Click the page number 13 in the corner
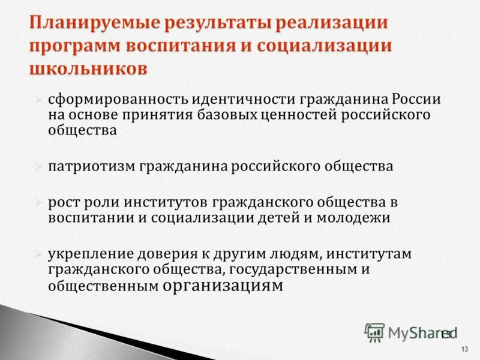point(464,350)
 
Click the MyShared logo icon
point(374,332)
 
